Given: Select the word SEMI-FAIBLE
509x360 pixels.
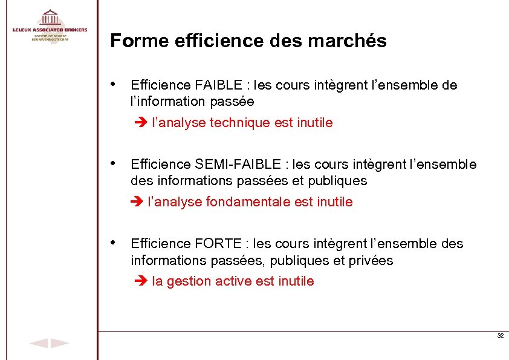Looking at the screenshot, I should (239, 165).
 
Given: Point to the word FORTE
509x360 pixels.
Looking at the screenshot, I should (217, 244).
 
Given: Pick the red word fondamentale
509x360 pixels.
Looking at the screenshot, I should (248, 202).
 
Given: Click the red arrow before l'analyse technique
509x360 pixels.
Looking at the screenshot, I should (139, 123).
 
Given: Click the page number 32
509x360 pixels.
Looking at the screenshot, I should (500, 336).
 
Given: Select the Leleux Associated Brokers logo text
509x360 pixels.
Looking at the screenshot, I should (50, 30).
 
